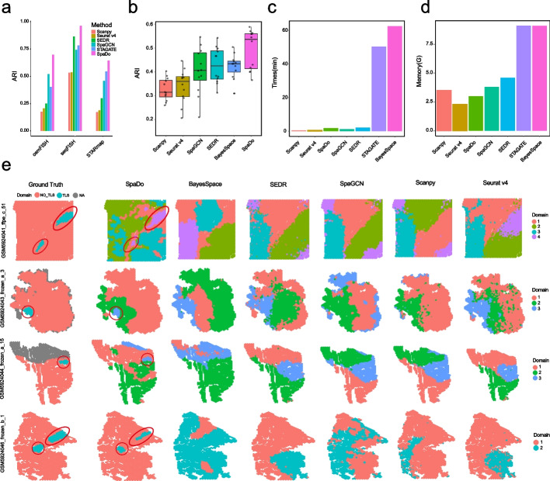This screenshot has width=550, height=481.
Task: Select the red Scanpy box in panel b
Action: (x=166, y=88)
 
